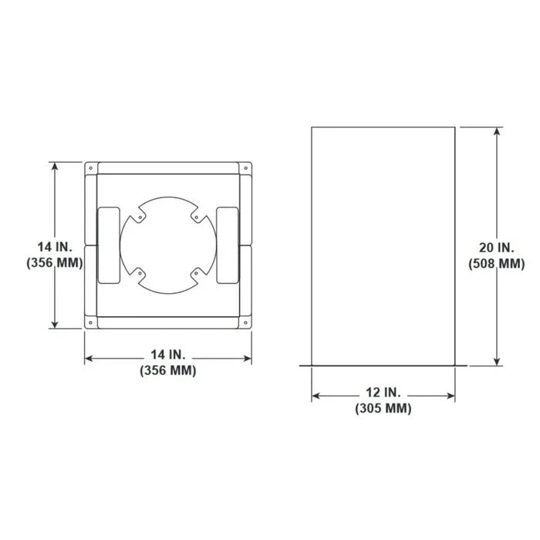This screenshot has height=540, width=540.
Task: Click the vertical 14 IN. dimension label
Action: click(55, 246)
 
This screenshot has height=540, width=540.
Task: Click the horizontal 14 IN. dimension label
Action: click(168, 355)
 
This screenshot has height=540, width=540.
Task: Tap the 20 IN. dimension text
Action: click(496, 248)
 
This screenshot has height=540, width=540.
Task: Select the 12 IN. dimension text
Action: click(383, 393)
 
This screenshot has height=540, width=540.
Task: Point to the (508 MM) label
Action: click(496, 264)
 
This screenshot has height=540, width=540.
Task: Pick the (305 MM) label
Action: click(383, 409)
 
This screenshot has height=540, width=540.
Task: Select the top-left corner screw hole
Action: click(91, 167)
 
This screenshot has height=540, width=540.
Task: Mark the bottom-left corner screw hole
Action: click(91, 322)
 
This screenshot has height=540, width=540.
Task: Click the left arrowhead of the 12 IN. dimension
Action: click(316, 397)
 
